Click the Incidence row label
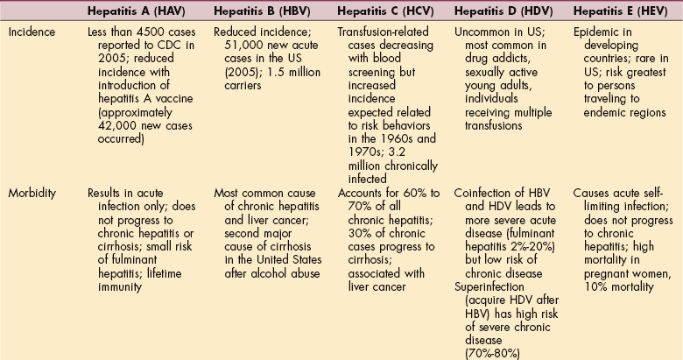[31, 31]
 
